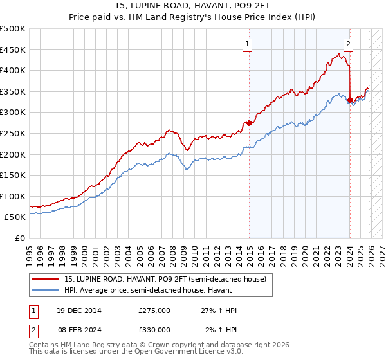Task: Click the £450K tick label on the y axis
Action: point(13,50)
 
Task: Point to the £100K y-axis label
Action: point(13,196)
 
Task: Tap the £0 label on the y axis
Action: point(20,238)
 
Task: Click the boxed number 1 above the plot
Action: point(248,44)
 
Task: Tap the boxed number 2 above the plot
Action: point(348,44)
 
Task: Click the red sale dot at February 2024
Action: point(350,100)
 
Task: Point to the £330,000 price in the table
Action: point(154,329)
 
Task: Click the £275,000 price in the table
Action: point(154,310)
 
